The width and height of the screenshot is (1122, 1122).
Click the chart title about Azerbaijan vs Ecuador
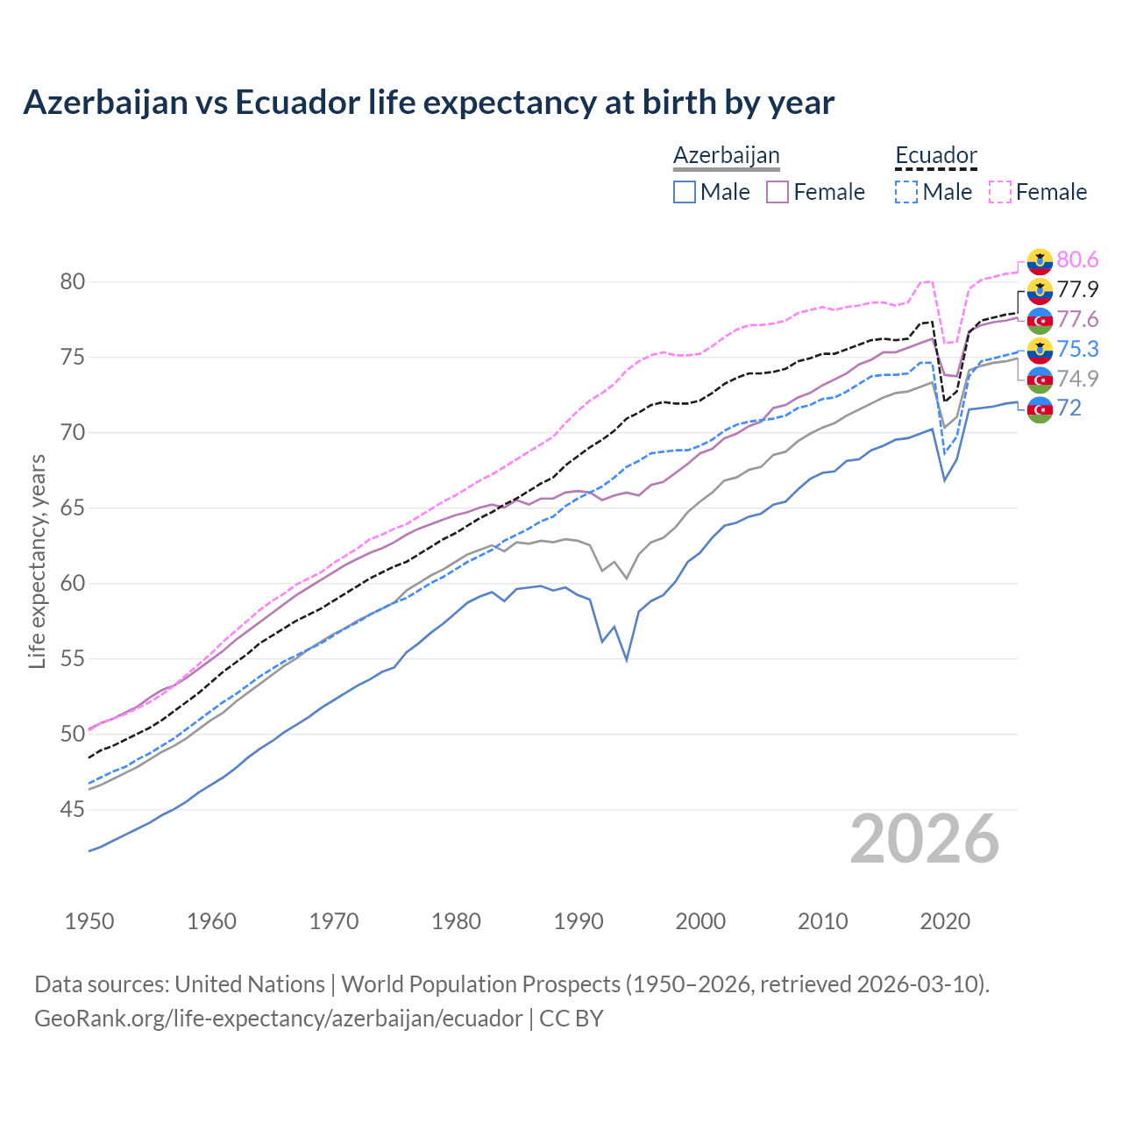(429, 103)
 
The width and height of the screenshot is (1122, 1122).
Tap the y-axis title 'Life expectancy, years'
(37, 561)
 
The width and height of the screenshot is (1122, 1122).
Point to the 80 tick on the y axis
(72, 281)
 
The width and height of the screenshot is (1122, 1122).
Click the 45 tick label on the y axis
(72, 809)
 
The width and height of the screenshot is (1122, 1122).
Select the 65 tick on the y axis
(72, 508)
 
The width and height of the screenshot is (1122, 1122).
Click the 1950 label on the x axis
(89, 921)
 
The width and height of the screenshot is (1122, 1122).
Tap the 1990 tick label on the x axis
(579, 921)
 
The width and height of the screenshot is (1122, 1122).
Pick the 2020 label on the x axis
(945, 921)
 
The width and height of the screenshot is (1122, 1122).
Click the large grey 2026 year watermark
(925, 839)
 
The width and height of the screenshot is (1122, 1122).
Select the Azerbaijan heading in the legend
(726, 155)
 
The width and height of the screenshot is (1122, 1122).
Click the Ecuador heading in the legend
(935, 155)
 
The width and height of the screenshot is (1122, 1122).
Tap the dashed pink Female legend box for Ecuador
(1000, 192)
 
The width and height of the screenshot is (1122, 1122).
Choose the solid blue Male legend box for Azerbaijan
(685, 192)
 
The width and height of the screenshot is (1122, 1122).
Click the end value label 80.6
(1077, 259)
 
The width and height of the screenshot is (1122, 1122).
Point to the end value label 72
(1069, 408)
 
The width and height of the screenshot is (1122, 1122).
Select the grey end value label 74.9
(1077, 379)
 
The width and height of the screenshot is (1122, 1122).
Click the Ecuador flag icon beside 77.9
(1040, 289)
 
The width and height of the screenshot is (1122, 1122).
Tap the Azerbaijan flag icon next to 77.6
(1040, 320)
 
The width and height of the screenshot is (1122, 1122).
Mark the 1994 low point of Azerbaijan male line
(627, 660)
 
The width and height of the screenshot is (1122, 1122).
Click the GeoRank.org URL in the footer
(279, 1019)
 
